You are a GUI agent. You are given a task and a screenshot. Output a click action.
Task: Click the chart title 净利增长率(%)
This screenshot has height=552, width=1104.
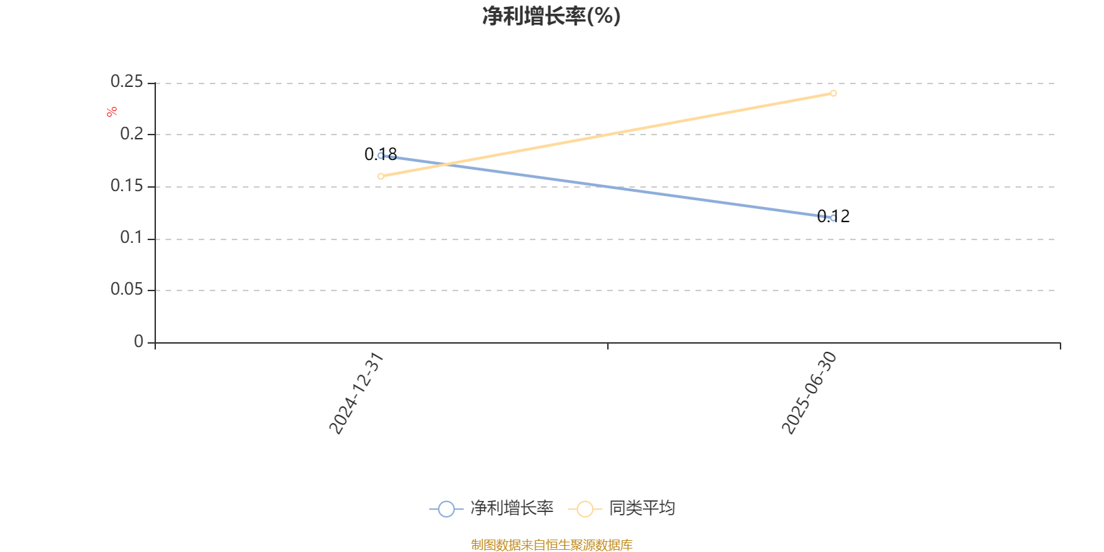[x=551, y=16]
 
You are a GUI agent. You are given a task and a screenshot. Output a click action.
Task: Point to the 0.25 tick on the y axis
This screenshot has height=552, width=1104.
[x=127, y=82]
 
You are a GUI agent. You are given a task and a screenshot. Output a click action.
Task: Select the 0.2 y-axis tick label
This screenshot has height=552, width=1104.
[x=132, y=135]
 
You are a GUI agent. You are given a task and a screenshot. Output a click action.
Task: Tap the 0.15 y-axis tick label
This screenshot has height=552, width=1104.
[x=127, y=186]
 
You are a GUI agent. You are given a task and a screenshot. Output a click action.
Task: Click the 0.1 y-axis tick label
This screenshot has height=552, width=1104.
[x=132, y=238]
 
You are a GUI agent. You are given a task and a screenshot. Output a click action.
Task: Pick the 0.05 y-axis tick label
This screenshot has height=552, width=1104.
[x=127, y=290]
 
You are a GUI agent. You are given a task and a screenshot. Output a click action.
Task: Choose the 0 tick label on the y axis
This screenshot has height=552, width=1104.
[x=139, y=342]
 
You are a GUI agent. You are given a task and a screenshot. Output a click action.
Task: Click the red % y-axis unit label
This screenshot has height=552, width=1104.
[x=111, y=112]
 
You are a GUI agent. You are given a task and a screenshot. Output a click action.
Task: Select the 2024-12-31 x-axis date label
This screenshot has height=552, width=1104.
[x=355, y=393]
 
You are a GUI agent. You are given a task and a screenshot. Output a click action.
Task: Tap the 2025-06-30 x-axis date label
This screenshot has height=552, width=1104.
[x=809, y=393]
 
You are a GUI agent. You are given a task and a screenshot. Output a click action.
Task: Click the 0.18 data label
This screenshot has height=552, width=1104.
[x=381, y=154]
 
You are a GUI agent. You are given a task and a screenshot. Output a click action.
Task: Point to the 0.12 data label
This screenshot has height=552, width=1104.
[x=834, y=216]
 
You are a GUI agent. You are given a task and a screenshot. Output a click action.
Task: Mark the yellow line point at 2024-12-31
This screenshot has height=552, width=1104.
[x=381, y=177]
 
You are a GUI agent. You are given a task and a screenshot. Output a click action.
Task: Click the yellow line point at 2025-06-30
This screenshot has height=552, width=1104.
[x=834, y=93]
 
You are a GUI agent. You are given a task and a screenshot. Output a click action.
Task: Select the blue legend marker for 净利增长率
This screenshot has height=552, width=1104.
[x=446, y=509]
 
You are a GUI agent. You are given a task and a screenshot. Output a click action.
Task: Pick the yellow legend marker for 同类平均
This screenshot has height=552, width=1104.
[x=584, y=509]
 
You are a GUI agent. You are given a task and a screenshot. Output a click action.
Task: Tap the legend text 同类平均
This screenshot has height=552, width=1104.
[x=642, y=509]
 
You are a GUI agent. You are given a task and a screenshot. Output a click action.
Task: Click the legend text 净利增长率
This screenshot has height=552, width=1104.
[x=511, y=509]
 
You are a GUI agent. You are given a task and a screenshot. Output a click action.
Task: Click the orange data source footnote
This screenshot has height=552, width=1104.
[x=551, y=545]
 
